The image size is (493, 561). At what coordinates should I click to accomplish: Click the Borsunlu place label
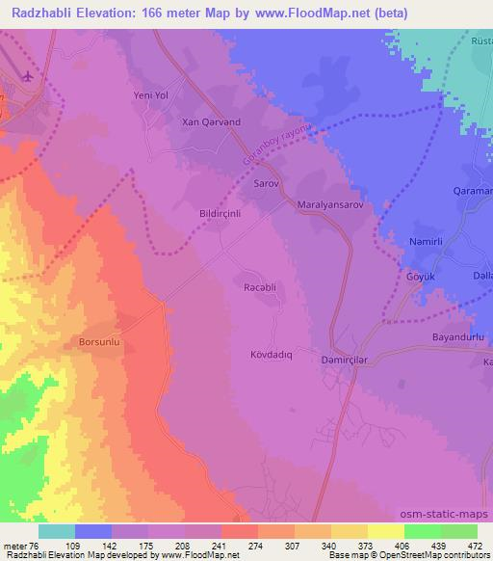coord(99,341)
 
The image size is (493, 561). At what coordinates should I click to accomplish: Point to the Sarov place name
coord(267,181)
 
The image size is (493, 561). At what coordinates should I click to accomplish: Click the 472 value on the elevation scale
coord(475,545)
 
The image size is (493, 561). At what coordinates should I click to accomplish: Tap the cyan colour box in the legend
coord(57,531)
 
